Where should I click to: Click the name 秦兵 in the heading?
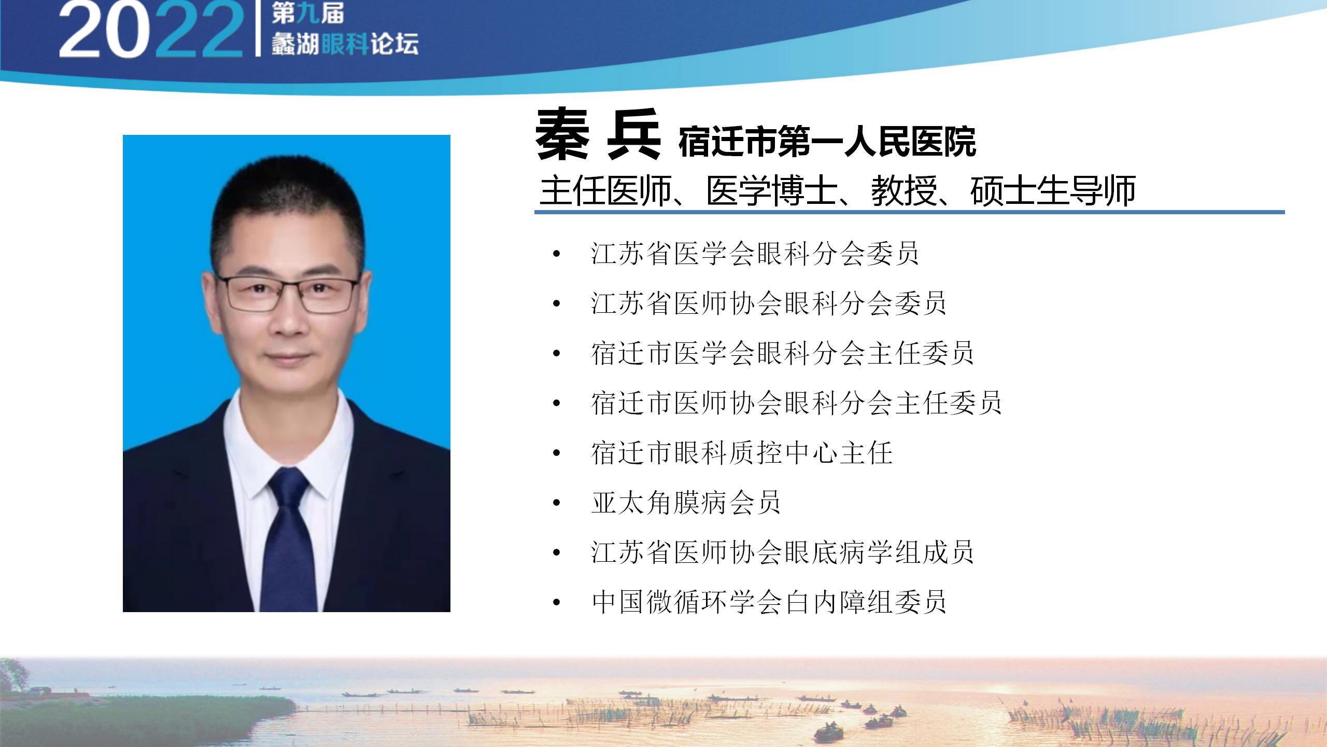tap(598, 134)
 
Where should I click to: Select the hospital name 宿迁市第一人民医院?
tap(827, 141)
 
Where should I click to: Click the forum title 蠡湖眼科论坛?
tap(345, 44)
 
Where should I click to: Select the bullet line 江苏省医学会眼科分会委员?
tap(754, 254)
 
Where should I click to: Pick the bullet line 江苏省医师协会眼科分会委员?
tap(768, 303)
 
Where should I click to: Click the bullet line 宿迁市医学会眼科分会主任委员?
tap(782, 353)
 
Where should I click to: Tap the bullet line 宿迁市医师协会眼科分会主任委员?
tap(796, 403)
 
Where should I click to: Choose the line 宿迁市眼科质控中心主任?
tap(741, 453)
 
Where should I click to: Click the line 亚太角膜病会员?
tap(686, 503)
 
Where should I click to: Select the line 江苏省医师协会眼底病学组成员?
tap(782, 552)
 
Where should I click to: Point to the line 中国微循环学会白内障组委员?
tap(769, 602)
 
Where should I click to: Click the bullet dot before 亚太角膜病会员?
tap(557, 503)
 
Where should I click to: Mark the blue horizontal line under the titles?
tap(910, 212)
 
